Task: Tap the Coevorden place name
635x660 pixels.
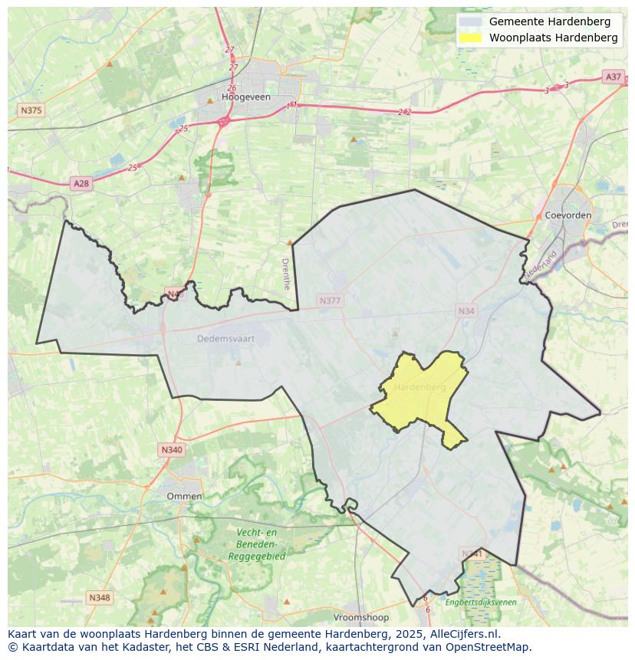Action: (568, 215)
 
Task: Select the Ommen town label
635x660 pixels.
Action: (184, 496)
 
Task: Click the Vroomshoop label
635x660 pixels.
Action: (360, 617)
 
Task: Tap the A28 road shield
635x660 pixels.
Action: (81, 183)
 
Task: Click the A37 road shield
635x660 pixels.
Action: (613, 77)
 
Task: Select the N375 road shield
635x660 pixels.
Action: (31, 110)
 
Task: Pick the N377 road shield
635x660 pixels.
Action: (330, 300)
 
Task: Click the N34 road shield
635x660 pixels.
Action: (466, 310)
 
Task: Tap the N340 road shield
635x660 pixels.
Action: (172, 450)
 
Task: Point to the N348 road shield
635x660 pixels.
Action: (99, 597)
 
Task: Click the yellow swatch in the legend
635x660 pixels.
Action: (471, 38)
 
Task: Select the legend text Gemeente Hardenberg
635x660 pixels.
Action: (549, 21)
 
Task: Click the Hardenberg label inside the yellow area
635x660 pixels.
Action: (419, 387)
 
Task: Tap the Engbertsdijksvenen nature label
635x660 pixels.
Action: (480, 603)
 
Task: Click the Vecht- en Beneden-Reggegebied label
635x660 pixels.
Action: (256, 544)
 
